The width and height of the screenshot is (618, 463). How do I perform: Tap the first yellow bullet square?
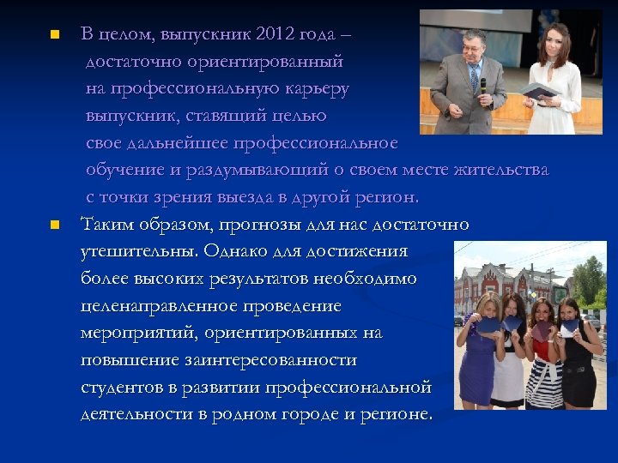pos(53,35)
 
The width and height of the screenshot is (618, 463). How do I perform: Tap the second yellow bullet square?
pos(53,225)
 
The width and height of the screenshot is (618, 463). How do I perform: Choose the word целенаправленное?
pos(164,306)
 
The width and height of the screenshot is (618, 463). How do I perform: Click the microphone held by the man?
pos(482,87)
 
